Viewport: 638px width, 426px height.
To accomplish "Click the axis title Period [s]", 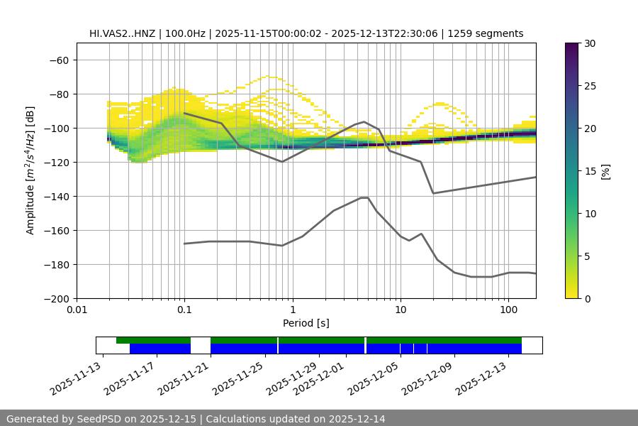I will pos(306,323).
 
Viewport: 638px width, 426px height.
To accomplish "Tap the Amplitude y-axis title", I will pos(30,171).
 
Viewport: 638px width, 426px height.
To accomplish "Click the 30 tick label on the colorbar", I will pos(590,43).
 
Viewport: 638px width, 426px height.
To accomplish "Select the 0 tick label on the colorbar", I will pos(587,299).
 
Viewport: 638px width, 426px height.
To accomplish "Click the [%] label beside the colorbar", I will pos(605,171).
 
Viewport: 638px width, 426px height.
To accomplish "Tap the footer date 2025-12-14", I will pos(354,419).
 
